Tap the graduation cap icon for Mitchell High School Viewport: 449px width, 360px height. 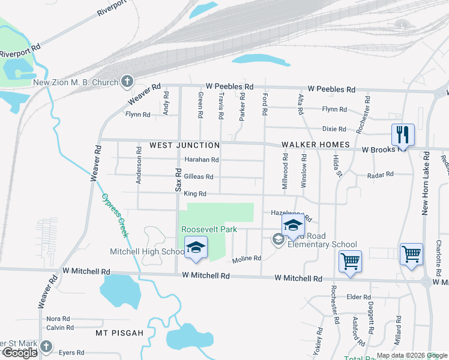pos(195,248)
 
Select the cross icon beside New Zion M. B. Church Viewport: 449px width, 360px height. pos(127,81)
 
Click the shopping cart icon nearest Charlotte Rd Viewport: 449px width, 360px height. pos(411,254)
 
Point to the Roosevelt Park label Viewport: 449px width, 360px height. pos(209,230)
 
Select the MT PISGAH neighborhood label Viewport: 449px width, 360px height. pos(119,332)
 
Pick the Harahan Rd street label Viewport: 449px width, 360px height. pos(201,160)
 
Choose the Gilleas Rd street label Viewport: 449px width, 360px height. pos(199,177)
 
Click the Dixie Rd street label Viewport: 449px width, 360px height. pos(334,129)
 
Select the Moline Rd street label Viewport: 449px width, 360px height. pos(247,259)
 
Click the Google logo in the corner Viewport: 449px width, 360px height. pos(20,353)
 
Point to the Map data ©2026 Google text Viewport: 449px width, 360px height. pos(412,355)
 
